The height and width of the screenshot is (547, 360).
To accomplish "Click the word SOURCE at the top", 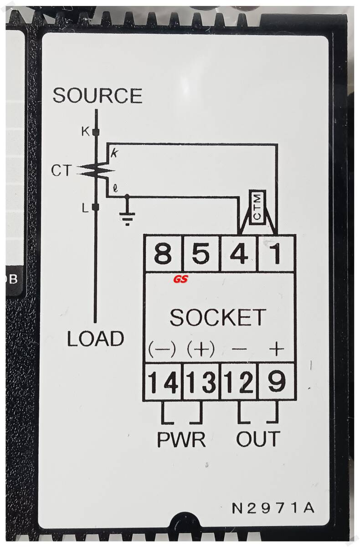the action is point(97,96).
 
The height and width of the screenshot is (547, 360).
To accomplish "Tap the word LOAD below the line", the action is point(96,339).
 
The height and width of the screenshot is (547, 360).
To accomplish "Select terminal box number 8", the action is point(163,253).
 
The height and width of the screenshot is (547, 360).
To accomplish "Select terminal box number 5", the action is point(201,253).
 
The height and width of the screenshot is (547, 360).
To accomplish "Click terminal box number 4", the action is point(239,253).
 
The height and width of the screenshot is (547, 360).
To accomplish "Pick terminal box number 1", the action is point(277,253).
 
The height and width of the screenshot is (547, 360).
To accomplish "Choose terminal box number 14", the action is point(163,382).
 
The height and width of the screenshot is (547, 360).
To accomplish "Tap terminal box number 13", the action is point(201,382).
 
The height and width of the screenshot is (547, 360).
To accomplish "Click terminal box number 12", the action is point(239,382).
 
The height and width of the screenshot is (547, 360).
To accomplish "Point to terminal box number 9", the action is point(277,382).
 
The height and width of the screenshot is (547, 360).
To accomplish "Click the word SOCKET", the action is point(217,318).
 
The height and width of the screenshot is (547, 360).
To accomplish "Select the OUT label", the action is point(258,439).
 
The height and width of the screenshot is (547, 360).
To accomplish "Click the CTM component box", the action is point(257,207).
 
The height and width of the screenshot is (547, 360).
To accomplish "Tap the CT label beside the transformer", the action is point(61,171).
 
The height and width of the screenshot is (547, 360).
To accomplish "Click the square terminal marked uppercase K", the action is point(96,132).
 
